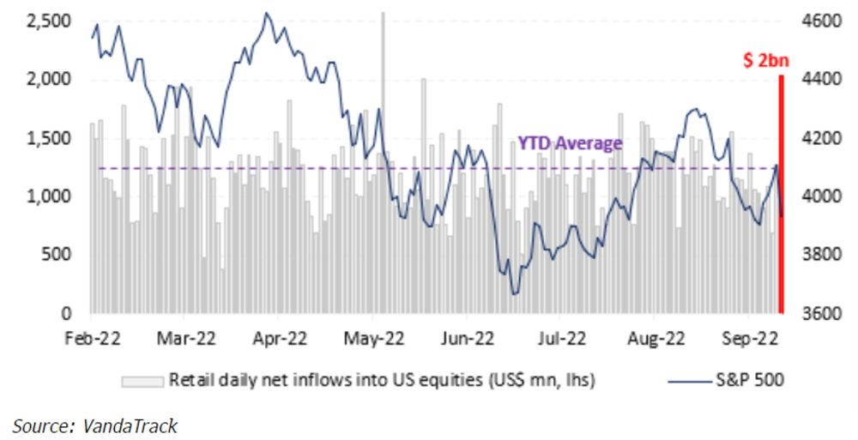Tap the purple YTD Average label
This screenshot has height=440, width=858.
coord(569,143)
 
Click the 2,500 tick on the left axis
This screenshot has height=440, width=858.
coord(44,21)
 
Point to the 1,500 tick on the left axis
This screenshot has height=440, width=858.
coord(44,138)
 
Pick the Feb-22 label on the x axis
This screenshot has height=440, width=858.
coord(91,338)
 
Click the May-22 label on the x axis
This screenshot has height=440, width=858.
coord(373,338)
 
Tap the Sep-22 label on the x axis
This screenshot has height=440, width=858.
coord(752,338)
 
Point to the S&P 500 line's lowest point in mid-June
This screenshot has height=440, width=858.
coord(513,294)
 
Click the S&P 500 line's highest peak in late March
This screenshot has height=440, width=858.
coord(267,13)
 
